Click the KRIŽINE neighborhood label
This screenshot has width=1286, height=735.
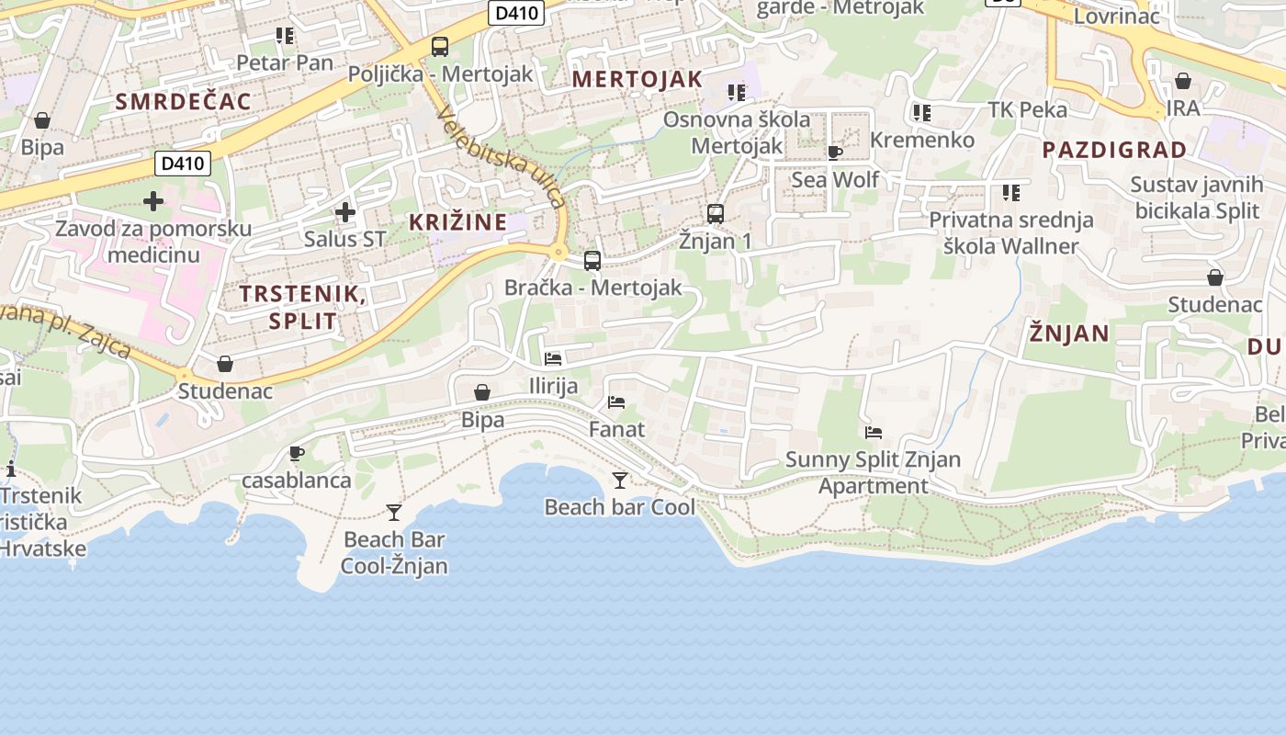point(457,221)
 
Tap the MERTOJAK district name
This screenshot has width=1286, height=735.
point(637,79)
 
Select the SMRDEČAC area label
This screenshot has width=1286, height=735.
point(183,102)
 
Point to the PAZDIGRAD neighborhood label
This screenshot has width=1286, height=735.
point(1114,150)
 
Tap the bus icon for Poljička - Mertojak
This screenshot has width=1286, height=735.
point(440,47)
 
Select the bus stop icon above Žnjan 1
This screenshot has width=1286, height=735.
point(716,214)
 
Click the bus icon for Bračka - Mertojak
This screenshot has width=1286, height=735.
point(592,261)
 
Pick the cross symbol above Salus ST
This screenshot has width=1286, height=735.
point(345,213)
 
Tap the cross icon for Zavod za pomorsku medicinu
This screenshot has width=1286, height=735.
point(153,201)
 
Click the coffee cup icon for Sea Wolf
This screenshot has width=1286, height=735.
point(834,153)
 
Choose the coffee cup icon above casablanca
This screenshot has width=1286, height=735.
point(296,453)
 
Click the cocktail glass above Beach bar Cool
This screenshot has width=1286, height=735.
point(620,481)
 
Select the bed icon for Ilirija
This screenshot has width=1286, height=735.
point(553,358)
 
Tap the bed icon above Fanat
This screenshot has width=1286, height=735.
point(616,402)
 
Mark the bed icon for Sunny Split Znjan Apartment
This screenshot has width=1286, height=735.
point(874,432)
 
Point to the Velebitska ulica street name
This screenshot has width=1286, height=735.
point(502,156)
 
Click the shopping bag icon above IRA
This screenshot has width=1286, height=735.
point(1183,81)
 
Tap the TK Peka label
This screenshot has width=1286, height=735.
point(1027,110)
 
